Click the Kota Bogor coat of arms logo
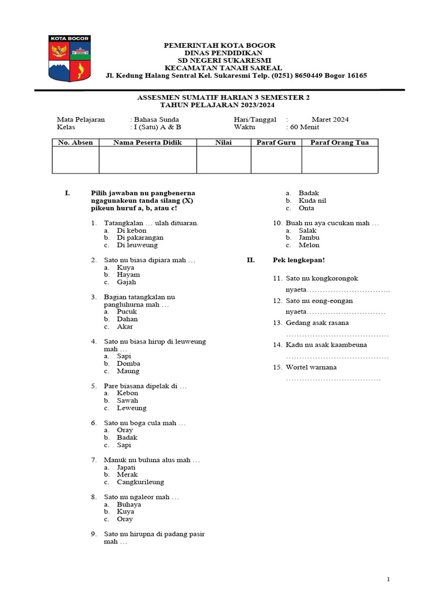tap(69, 58)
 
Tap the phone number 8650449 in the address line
tap(311, 75)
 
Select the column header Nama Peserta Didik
tap(147, 142)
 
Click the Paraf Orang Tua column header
tap(340, 142)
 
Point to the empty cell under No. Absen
tap(75, 160)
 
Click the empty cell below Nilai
tap(224, 160)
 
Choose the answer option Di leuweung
tap(138, 245)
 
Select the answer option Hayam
tap(128, 275)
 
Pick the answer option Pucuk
tap(127, 312)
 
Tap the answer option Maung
tap(128, 371)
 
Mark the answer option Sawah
tap(128, 400)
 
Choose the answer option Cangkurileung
tap(140, 482)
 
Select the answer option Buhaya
tap(129, 504)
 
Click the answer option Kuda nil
tap(313, 201)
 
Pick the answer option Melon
tap(309, 245)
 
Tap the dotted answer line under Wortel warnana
tap(333, 379)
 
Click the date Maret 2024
tap(330, 120)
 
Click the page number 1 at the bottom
tap(388, 579)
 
